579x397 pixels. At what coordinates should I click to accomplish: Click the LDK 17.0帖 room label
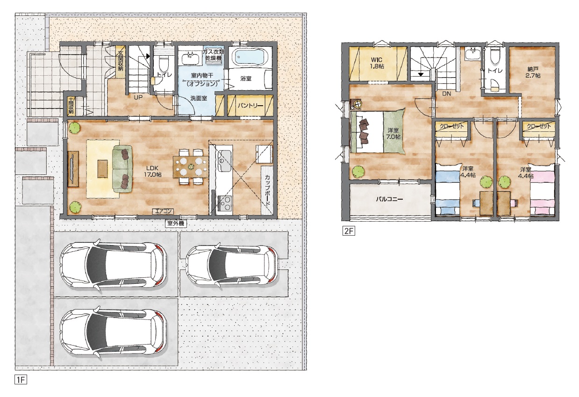tap(152, 171)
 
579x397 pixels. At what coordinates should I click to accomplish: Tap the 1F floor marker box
tap(21, 380)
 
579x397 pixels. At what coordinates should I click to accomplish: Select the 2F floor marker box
tap(349, 231)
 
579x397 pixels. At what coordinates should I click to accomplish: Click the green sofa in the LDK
tap(122, 169)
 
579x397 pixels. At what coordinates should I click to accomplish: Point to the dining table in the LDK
tap(191, 167)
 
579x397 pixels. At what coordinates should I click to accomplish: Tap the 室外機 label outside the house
tap(176, 223)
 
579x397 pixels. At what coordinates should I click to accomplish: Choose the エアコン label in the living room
tap(163, 211)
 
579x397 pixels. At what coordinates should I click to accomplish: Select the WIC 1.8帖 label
tap(377, 63)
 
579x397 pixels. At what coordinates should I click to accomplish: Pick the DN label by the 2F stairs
tap(446, 94)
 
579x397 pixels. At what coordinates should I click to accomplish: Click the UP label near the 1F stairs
tap(138, 98)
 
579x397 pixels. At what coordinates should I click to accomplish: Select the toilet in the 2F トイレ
tap(494, 58)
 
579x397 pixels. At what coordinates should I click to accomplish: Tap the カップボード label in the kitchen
tap(268, 190)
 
